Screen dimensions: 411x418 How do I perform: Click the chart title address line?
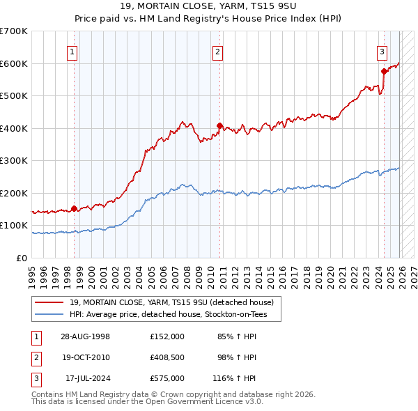click(x=209, y=6)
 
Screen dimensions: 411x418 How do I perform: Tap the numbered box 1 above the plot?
click(x=72, y=51)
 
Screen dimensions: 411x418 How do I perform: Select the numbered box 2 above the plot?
click(x=218, y=51)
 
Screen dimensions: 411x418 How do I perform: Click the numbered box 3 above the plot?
click(x=382, y=51)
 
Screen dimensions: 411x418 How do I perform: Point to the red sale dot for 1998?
click(x=74, y=208)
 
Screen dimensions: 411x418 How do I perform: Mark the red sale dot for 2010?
click(x=219, y=126)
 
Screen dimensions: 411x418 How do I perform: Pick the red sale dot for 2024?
click(x=384, y=71)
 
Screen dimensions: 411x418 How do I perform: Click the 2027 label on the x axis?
click(x=412, y=274)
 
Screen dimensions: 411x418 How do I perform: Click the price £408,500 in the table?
click(x=167, y=357)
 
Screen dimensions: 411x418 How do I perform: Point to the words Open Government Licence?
click(x=194, y=402)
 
